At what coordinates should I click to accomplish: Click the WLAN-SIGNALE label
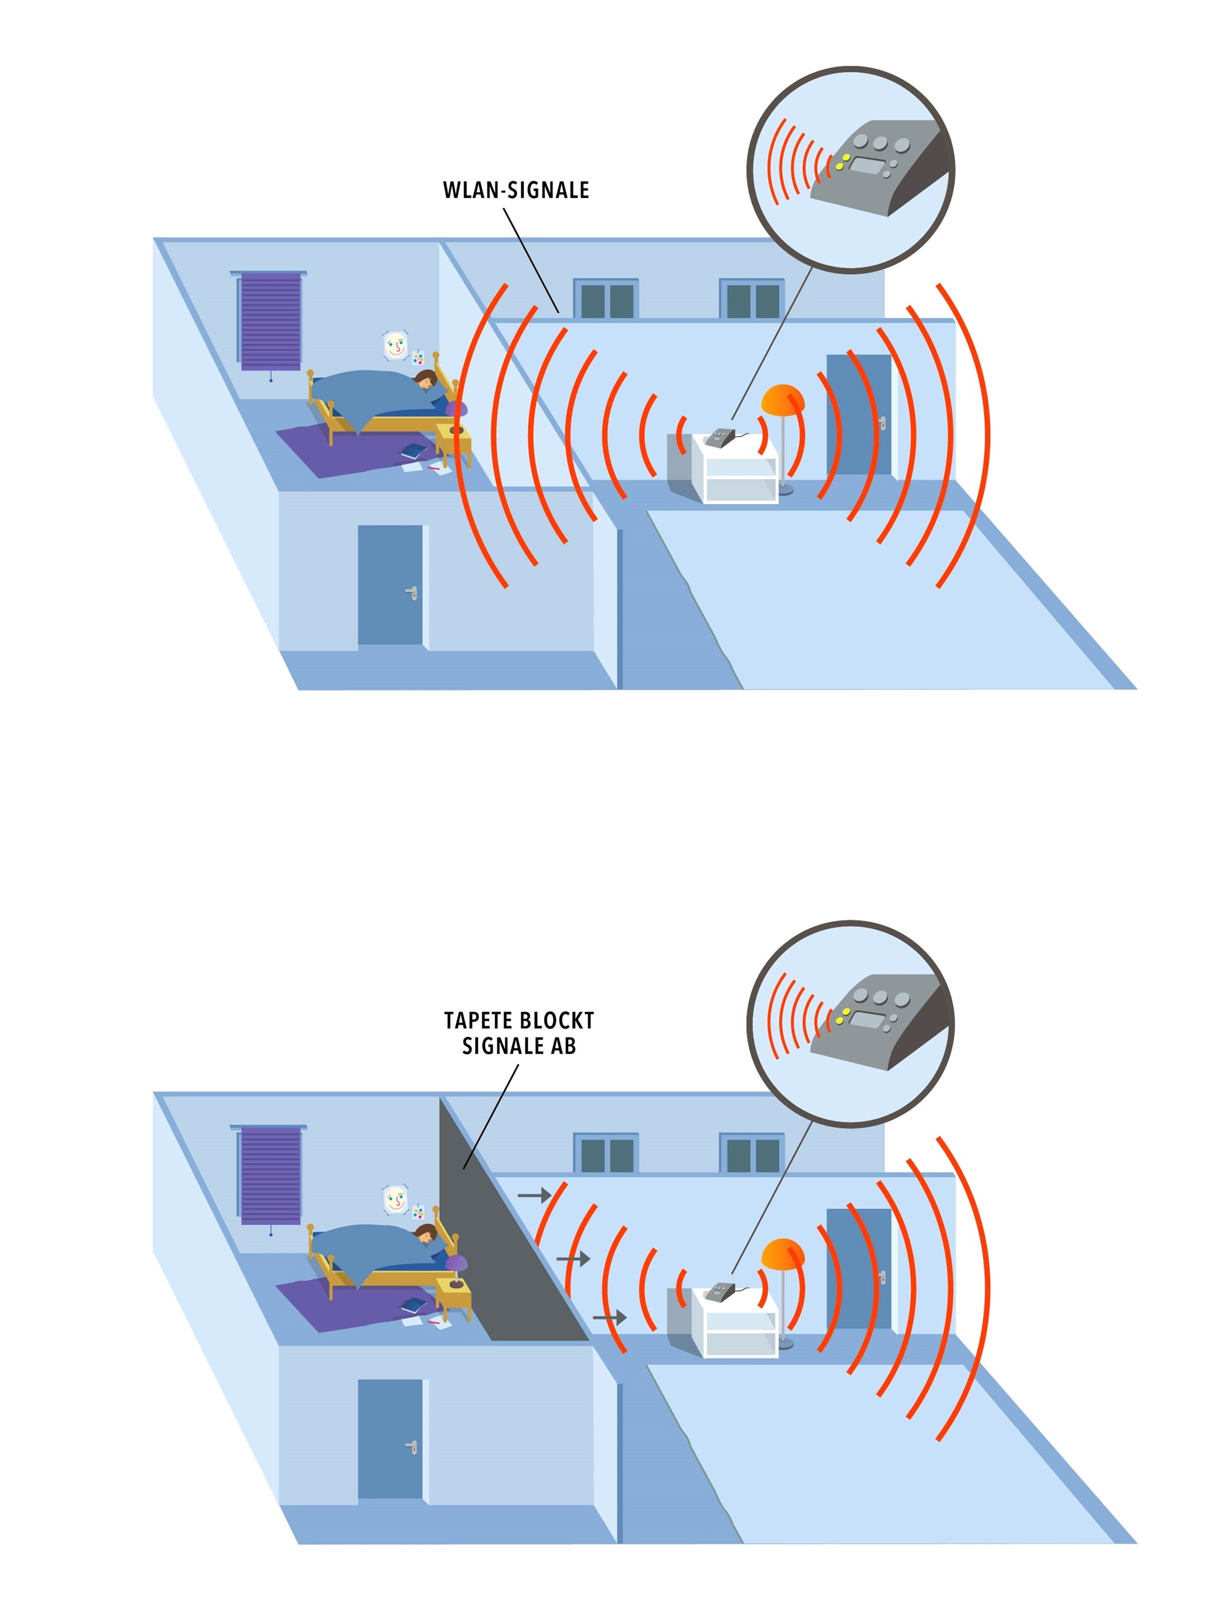coord(516,190)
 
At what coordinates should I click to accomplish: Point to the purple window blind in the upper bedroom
coord(271,321)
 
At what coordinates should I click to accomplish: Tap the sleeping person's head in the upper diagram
coord(425,379)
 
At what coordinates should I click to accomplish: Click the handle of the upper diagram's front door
coord(412,592)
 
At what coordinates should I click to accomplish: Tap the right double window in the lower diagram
coord(752,1154)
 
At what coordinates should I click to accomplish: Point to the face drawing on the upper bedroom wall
coord(395,345)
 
